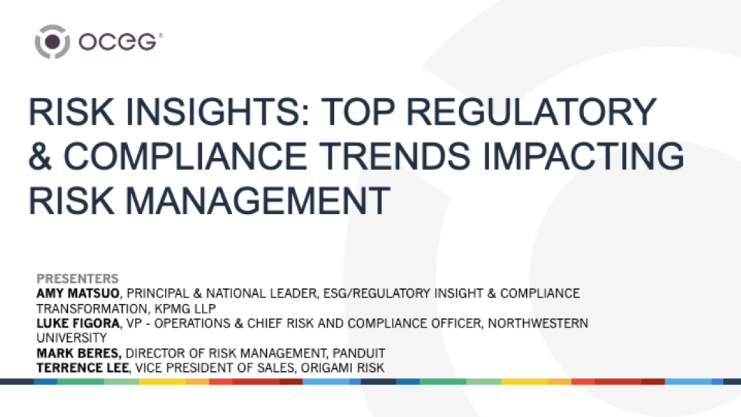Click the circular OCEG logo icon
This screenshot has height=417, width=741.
click(53, 42)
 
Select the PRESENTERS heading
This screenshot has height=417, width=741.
click(78, 279)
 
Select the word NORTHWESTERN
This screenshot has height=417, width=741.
click(538, 323)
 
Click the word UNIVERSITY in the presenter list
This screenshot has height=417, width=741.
click(71, 338)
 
